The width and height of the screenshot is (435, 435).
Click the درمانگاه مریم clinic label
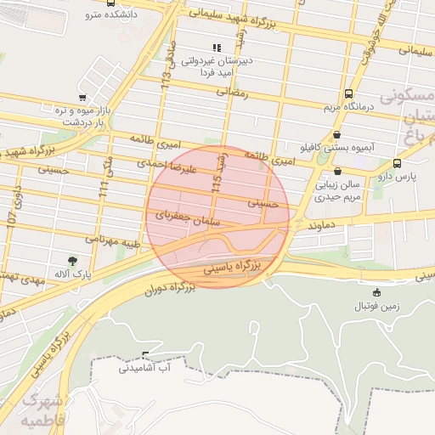point(348,108)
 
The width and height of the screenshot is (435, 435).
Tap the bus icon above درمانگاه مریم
point(348,94)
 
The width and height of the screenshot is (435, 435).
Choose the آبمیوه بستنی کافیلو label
point(338,147)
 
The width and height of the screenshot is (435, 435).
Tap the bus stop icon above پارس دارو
point(398,164)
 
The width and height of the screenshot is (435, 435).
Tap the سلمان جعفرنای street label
point(188,217)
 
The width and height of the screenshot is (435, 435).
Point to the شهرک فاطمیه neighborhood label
point(42,410)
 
